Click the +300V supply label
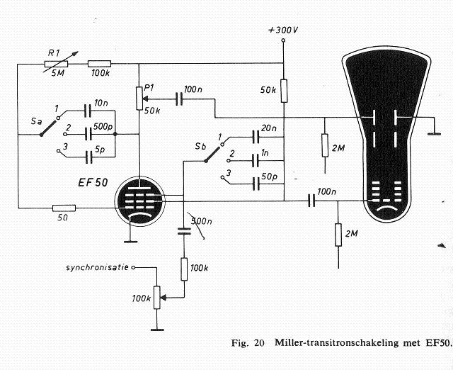pos(282,31)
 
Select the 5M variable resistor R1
pos(55,63)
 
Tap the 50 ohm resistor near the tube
pos(64,208)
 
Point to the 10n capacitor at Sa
pos(89,111)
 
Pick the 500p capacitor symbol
pos(89,133)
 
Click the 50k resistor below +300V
pos(283,91)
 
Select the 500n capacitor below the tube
pos(183,229)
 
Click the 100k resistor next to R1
pos(98,63)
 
